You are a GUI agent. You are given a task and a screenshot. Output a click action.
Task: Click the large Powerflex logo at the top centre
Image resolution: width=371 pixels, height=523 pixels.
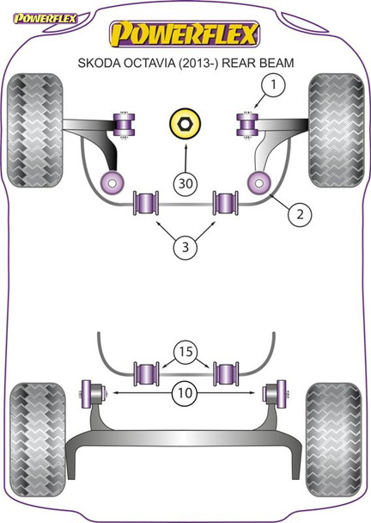185,34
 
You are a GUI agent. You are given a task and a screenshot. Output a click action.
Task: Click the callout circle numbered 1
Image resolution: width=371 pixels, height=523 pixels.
274,84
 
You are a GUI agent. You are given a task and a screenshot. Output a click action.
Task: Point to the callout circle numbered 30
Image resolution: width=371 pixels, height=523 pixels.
185,183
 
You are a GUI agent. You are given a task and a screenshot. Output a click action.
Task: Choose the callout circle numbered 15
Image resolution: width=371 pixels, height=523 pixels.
185,352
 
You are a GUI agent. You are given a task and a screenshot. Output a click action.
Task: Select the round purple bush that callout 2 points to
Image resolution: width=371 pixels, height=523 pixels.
257,182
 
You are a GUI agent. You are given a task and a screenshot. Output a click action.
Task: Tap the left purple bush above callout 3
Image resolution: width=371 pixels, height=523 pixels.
146,203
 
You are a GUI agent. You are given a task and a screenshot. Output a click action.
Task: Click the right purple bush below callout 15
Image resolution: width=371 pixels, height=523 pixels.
226,374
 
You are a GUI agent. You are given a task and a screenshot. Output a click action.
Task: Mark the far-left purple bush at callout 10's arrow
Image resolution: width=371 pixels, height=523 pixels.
88,392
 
